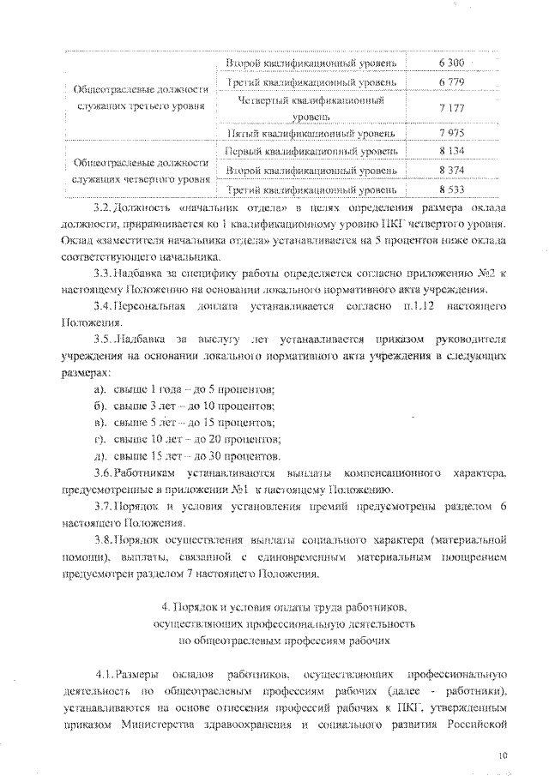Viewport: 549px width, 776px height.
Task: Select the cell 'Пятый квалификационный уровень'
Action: pyautogui.click(x=311, y=134)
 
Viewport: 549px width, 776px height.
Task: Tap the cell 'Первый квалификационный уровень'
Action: pyautogui.click(x=311, y=152)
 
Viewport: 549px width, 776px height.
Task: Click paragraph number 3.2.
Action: pyautogui.click(x=102, y=208)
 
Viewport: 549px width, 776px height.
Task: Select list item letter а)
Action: pyautogui.click(x=100, y=390)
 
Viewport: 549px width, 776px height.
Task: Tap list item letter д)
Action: pyautogui.click(x=100, y=454)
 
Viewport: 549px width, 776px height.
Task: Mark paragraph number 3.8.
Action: pyautogui.click(x=103, y=542)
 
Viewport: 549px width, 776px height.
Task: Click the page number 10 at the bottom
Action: pyautogui.click(x=504, y=755)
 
